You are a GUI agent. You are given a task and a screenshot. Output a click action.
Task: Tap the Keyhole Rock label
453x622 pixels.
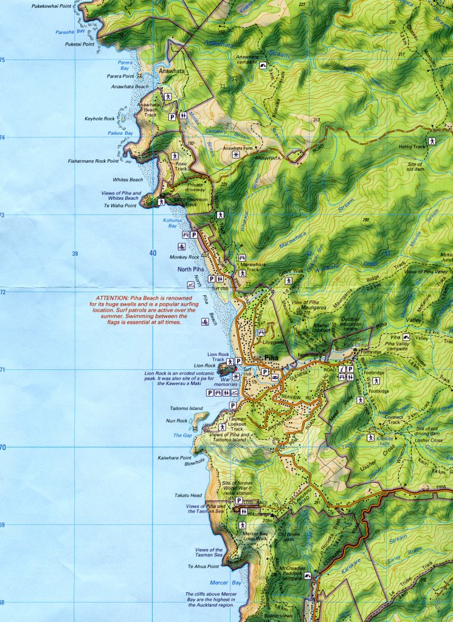[100, 118]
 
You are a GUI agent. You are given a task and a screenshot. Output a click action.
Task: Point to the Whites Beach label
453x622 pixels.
[128, 180]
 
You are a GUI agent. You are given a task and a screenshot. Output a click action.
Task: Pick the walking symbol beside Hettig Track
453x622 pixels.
[432, 140]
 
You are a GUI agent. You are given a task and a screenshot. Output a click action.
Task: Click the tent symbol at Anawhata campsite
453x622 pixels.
[263, 66]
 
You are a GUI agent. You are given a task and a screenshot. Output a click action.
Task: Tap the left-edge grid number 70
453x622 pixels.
[3, 447]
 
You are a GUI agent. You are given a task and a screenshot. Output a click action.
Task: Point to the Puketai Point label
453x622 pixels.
[80, 44]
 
